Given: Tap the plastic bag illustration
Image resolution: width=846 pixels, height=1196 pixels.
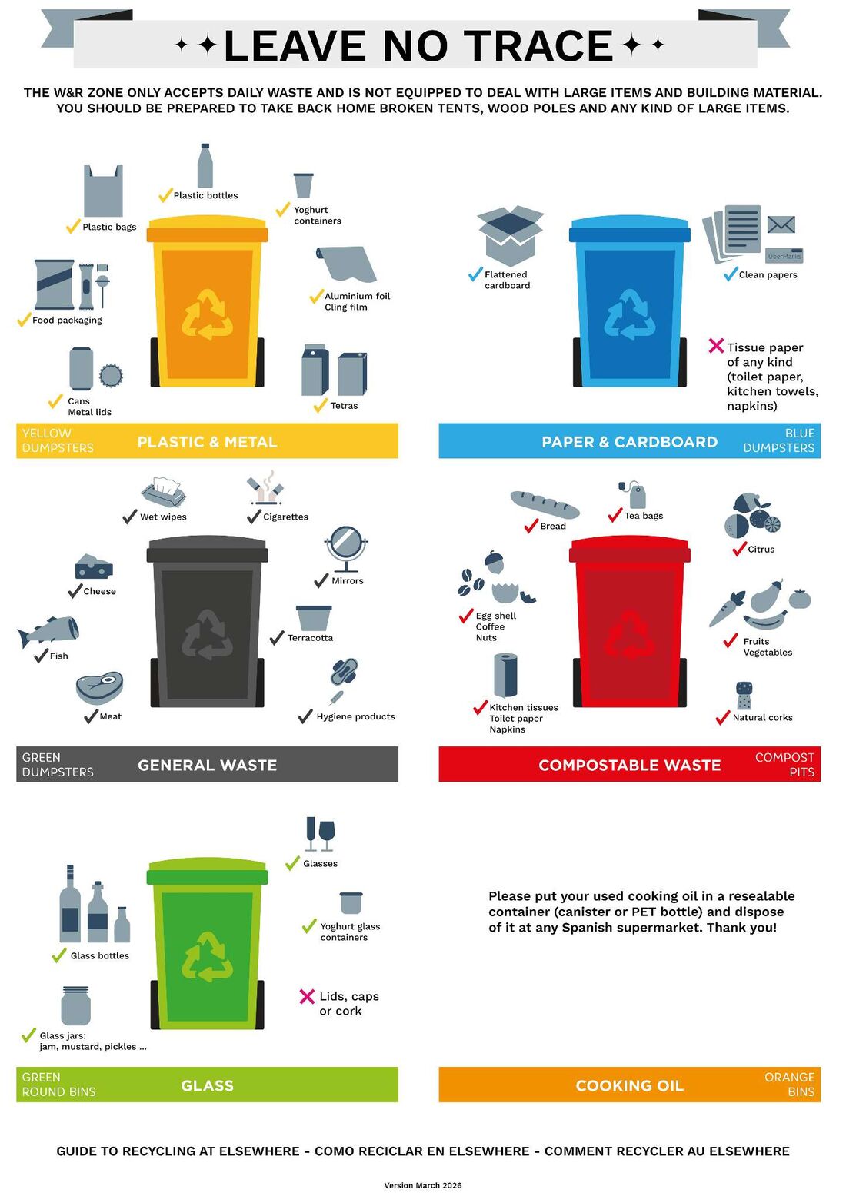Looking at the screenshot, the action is tap(103, 191).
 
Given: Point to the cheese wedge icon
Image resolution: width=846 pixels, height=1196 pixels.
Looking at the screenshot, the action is tap(94, 566).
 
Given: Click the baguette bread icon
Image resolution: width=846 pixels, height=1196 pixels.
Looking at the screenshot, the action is tap(545, 504).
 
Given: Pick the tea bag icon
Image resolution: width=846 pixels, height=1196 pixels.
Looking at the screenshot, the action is tap(633, 494).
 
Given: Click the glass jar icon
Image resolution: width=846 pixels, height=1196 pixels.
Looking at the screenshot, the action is tap(75, 1005).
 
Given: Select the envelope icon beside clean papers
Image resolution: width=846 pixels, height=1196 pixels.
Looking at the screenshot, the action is tap(781, 224).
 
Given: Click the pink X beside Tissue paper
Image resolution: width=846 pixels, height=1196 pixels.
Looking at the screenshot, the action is tap(716, 345).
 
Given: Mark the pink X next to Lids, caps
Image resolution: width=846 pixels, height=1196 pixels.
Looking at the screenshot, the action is tap(307, 996).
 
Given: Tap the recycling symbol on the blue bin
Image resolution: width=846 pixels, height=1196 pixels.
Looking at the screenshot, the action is tap(629, 314).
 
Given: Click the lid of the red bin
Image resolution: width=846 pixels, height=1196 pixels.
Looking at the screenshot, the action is tap(629, 549).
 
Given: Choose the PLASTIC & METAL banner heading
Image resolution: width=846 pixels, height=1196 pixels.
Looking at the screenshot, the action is tap(207, 441).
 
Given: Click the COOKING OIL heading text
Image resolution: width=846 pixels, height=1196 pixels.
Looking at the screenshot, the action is tap(629, 1085).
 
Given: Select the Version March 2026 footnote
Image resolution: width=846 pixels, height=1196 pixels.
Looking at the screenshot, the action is tap(422, 1184).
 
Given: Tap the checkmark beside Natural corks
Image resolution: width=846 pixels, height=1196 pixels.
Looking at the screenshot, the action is tap(723, 717).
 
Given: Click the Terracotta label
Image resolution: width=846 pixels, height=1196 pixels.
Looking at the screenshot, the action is tap(310, 637).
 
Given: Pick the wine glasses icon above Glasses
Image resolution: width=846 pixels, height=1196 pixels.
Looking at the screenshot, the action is tap(320, 833).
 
